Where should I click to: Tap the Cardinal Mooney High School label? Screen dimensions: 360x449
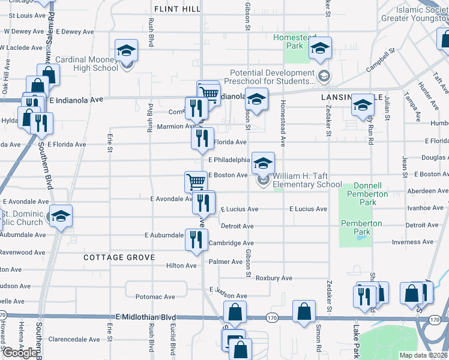click(87, 64)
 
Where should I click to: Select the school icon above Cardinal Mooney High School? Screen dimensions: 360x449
click(127, 50)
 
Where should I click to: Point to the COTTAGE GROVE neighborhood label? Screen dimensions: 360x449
click(119, 257)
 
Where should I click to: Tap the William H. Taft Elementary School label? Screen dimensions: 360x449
click(307, 181)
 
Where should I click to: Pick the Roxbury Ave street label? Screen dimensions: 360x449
click(274, 278)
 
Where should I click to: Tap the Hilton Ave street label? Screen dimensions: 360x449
click(181, 265)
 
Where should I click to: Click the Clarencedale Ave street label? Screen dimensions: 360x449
click(74, 339)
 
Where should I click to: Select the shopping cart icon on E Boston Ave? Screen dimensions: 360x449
click(196, 181)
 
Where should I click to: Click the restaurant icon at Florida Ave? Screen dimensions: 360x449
click(202, 138)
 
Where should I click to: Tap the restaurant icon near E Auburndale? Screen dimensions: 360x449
click(197, 239)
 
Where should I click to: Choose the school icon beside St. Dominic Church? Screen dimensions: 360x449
click(61, 216)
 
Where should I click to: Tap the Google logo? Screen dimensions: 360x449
click(20, 353)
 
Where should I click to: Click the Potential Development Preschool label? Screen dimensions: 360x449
click(271, 77)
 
